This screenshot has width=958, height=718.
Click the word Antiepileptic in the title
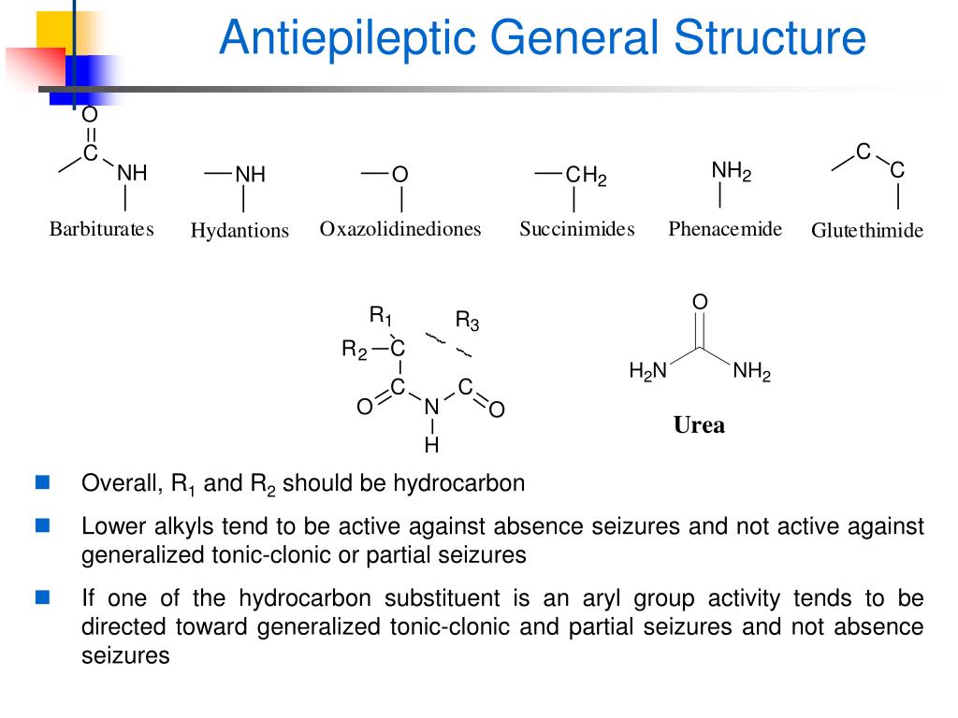tap(345, 40)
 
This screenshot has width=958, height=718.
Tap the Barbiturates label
tap(101, 229)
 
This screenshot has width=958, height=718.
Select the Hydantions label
tap(239, 231)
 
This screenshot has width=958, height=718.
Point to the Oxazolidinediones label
tap(400, 229)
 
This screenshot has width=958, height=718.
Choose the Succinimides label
tap(577, 229)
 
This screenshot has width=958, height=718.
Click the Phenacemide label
tap(725, 229)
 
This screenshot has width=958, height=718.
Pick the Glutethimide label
tap(867, 231)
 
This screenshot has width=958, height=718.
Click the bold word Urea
tap(699, 425)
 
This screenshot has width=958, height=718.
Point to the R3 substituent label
tap(467, 322)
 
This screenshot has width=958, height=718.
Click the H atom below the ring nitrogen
tap(431, 445)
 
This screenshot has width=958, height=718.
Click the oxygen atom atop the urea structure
tap(700, 302)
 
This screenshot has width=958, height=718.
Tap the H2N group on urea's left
tap(647, 373)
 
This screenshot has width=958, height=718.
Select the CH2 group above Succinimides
tap(587, 176)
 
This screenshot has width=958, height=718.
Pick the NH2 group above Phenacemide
tap(732, 171)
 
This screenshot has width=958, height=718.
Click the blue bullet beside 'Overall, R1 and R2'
tap(42, 483)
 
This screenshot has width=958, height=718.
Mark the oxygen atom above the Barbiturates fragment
tap(90, 116)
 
